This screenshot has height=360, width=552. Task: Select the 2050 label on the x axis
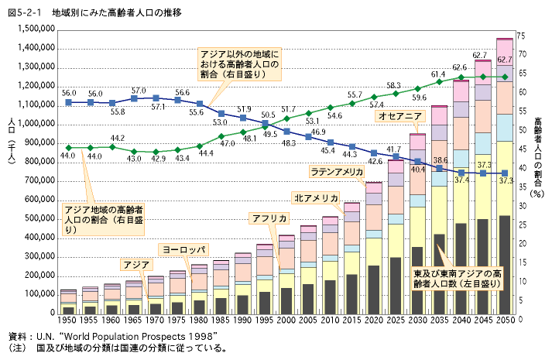pos(504,320)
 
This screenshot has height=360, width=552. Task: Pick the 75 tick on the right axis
pos(521,36)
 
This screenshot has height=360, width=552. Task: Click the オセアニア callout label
pos(399,115)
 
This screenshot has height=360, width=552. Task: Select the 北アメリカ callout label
pos(316,198)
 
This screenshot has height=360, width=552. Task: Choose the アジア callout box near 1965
pos(136,264)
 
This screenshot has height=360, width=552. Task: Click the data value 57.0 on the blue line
pos(139,91)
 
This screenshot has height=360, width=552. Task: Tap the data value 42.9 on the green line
pos(159,159)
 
